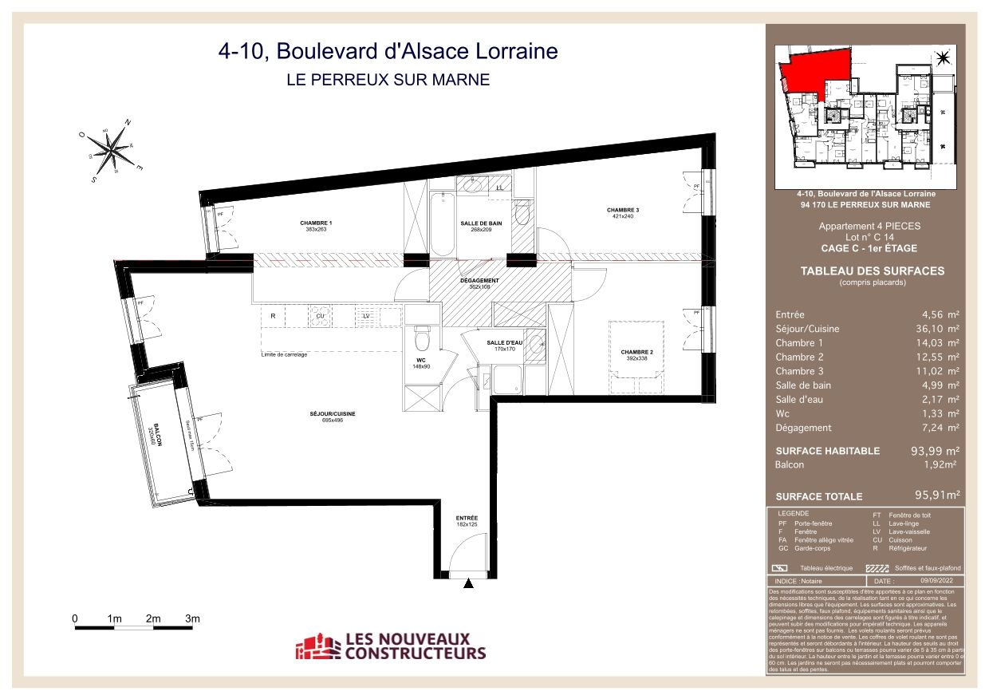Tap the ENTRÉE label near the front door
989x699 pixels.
(x=467, y=518)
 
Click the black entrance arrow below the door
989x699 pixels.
(x=468, y=584)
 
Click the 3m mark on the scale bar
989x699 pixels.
(x=191, y=618)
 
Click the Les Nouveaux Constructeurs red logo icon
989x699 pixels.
(x=317, y=646)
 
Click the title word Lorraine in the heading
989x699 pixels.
(x=515, y=52)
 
